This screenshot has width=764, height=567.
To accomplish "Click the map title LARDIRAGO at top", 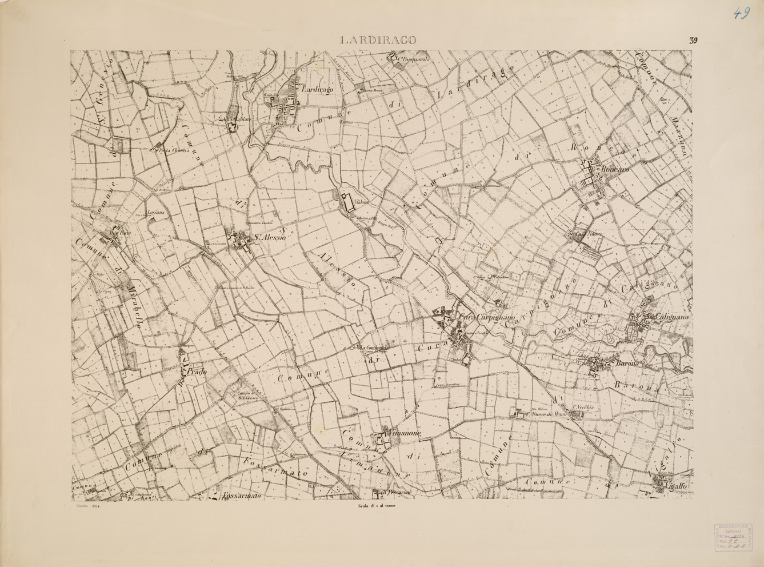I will [x=378, y=40].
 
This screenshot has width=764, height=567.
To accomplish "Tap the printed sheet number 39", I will [x=693, y=40].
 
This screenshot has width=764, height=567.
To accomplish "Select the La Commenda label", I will [x=374, y=348].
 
